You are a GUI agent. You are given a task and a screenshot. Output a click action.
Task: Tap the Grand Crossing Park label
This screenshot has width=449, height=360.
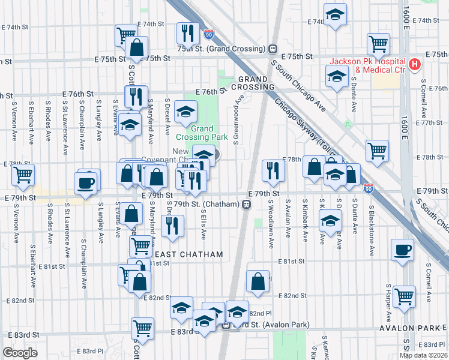(209, 133)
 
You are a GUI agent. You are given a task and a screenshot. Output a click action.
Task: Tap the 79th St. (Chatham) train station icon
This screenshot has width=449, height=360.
(246, 205)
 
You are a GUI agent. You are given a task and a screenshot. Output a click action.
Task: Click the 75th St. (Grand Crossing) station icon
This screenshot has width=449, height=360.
(273, 49)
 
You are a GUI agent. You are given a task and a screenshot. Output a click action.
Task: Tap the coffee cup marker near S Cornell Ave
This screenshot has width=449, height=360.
(402, 250)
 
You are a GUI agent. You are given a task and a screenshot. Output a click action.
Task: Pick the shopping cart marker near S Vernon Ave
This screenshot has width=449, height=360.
(23, 174)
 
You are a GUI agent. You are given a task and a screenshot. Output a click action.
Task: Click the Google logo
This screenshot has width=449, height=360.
(20, 353)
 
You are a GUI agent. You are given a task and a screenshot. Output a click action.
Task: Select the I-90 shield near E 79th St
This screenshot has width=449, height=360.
(369, 188)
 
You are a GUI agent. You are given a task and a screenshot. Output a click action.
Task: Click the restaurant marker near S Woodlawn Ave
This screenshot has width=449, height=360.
(273, 170)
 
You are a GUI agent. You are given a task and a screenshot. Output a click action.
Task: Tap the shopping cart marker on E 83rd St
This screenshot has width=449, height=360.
(142, 328)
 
